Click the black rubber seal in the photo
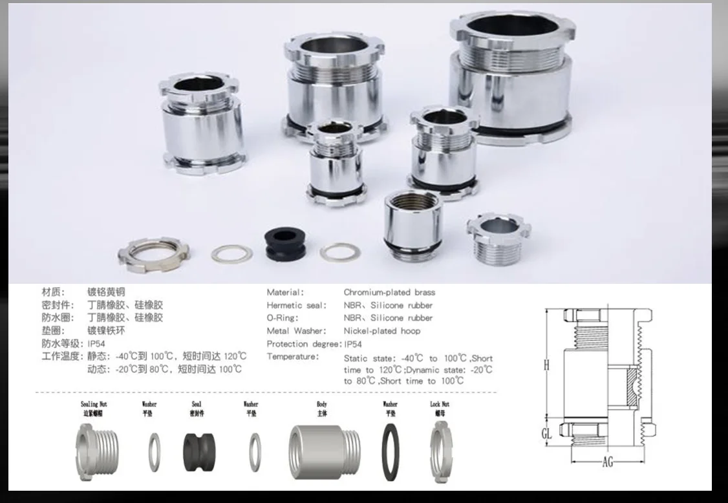[284, 244]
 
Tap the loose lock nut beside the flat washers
[151, 254]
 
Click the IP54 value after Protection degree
[354, 344]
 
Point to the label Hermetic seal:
[297, 305]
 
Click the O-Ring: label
[283, 318]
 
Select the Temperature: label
[293, 357]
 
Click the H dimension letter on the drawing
[546, 366]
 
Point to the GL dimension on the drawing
[547, 433]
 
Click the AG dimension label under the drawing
[608, 462]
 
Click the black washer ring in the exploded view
[391, 452]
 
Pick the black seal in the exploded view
[197, 450]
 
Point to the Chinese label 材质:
[54, 292]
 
